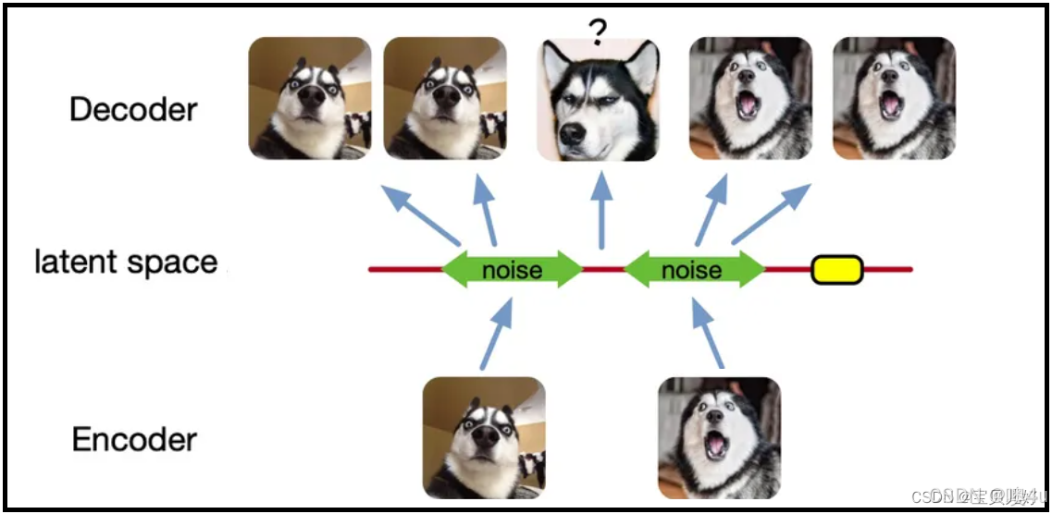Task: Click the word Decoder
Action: point(133,109)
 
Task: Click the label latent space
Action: point(126,263)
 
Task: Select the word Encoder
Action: point(134,439)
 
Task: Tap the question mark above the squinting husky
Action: point(598,32)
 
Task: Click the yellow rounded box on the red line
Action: point(836,269)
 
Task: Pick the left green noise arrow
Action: point(512,269)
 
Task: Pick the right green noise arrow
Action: point(695,269)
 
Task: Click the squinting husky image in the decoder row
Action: point(599,100)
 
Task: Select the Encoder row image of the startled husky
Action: point(484,437)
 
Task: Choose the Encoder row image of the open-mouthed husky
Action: point(719,437)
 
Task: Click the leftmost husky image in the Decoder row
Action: point(310,98)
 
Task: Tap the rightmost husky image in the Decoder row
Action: point(894,98)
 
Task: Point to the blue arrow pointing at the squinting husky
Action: point(601,213)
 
